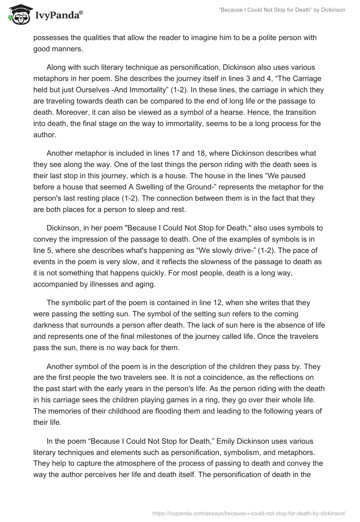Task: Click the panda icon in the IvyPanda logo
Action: [17, 14]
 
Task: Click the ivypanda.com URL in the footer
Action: [249, 513]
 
